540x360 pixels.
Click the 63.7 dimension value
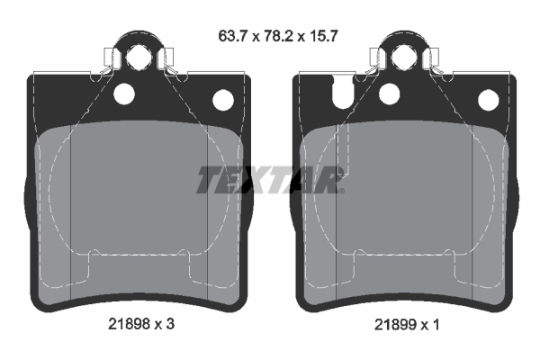[231, 38]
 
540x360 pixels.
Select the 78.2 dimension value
[276, 38]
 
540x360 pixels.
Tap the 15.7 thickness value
[321, 38]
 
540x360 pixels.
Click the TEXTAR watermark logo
[270, 180]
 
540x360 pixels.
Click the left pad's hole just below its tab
[123, 93]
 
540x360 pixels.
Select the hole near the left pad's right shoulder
[221, 99]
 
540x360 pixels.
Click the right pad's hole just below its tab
[390, 93]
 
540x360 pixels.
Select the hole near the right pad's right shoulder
[488, 99]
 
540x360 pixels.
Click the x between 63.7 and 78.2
[254, 39]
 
